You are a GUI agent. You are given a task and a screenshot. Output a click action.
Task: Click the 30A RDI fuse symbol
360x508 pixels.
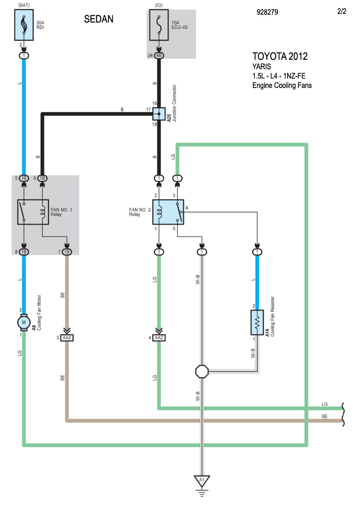[24, 25]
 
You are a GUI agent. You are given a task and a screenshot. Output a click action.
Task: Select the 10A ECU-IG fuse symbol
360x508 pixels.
[159, 25]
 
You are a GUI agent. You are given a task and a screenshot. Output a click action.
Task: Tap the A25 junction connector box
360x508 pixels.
[159, 114]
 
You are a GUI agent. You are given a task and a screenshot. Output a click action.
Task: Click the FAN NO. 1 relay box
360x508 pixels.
[33, 212]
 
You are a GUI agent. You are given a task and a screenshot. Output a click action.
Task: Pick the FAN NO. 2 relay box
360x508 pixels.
[168, 212]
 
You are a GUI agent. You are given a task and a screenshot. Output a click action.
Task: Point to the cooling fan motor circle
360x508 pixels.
[24, 322]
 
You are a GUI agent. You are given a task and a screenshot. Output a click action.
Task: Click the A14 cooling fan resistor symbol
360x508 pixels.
[257, 322]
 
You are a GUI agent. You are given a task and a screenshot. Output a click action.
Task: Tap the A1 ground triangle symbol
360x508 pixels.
[202, 481]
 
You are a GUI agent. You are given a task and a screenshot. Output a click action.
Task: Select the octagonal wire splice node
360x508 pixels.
[202, 371]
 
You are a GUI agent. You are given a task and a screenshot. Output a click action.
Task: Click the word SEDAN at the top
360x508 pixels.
[98, 19]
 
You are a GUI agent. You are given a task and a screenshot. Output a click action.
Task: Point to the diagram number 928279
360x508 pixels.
[267, 12]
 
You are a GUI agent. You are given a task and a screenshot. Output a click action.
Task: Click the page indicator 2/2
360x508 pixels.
[341, 11]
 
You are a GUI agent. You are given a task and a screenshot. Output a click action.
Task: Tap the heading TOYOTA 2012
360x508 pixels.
[280, 56]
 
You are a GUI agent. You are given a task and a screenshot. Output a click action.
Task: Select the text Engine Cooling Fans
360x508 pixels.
[282, 85]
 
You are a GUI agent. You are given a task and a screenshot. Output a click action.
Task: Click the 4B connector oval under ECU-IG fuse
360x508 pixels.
[159, 55]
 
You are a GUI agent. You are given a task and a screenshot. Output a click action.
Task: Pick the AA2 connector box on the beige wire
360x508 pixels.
[67, 338]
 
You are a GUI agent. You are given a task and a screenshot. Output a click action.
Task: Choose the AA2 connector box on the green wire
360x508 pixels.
[159, 338]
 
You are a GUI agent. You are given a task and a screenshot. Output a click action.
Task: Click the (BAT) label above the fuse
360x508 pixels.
[24, 5]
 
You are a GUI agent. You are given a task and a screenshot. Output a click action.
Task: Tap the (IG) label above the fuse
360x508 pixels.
[159, 5]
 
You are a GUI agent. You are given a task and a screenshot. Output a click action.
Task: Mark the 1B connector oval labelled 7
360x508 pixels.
[67, 252]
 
